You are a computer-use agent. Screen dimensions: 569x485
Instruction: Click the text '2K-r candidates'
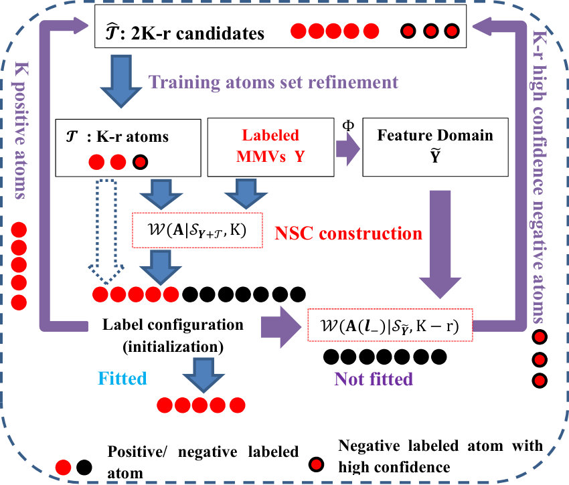pyautogui.click(x=197, y=33)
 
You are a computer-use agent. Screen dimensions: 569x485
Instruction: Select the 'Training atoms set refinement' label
pyautogui.click(x=273, y=82)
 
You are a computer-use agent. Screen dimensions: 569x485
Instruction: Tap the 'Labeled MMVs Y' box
pyautogui.click(x=270, y=147)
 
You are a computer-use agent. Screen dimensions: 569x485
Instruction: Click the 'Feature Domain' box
pyautogui.click(x=436, y=147)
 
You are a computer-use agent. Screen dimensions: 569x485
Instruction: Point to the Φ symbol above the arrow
pyautogui.click(x=348, y=125)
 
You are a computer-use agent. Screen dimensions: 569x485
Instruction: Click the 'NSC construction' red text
pyautogui.click(x=348, y=233)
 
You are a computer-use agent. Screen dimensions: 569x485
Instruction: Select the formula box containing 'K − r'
pyautogui.click(x=390, y=325)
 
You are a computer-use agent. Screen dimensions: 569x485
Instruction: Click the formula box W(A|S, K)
pyautogui.click(x=197, y=230)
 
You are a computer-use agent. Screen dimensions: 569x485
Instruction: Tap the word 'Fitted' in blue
pyautogui.click(x=123, y=379)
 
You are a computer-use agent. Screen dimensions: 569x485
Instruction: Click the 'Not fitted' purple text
pyautogui.click(x=374, y=379)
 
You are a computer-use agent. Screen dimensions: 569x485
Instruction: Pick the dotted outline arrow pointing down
pyautogui.click(x=106, y=231)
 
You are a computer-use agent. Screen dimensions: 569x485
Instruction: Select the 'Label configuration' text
pyautogui.click(x=173, y=324)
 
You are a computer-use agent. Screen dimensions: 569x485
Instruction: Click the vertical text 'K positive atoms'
pyautogui.click(x=21, y=130)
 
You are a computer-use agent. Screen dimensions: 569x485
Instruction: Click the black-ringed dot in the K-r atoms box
pyautogui.click(x=140, y=162)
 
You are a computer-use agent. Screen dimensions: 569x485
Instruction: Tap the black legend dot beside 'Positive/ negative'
pyautogui.click(x=84, y=468)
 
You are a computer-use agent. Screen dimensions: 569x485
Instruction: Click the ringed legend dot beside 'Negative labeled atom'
pyautogui.click(x=316, y=464)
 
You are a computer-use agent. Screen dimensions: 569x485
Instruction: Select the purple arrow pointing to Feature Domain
pyautogui.click(x=347, y=149)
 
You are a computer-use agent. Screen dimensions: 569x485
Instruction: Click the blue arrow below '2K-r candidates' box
pyautogui.click(x=121, y=81)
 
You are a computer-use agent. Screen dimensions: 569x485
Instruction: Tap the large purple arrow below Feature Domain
pyautogui.click(x=440, y=244)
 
